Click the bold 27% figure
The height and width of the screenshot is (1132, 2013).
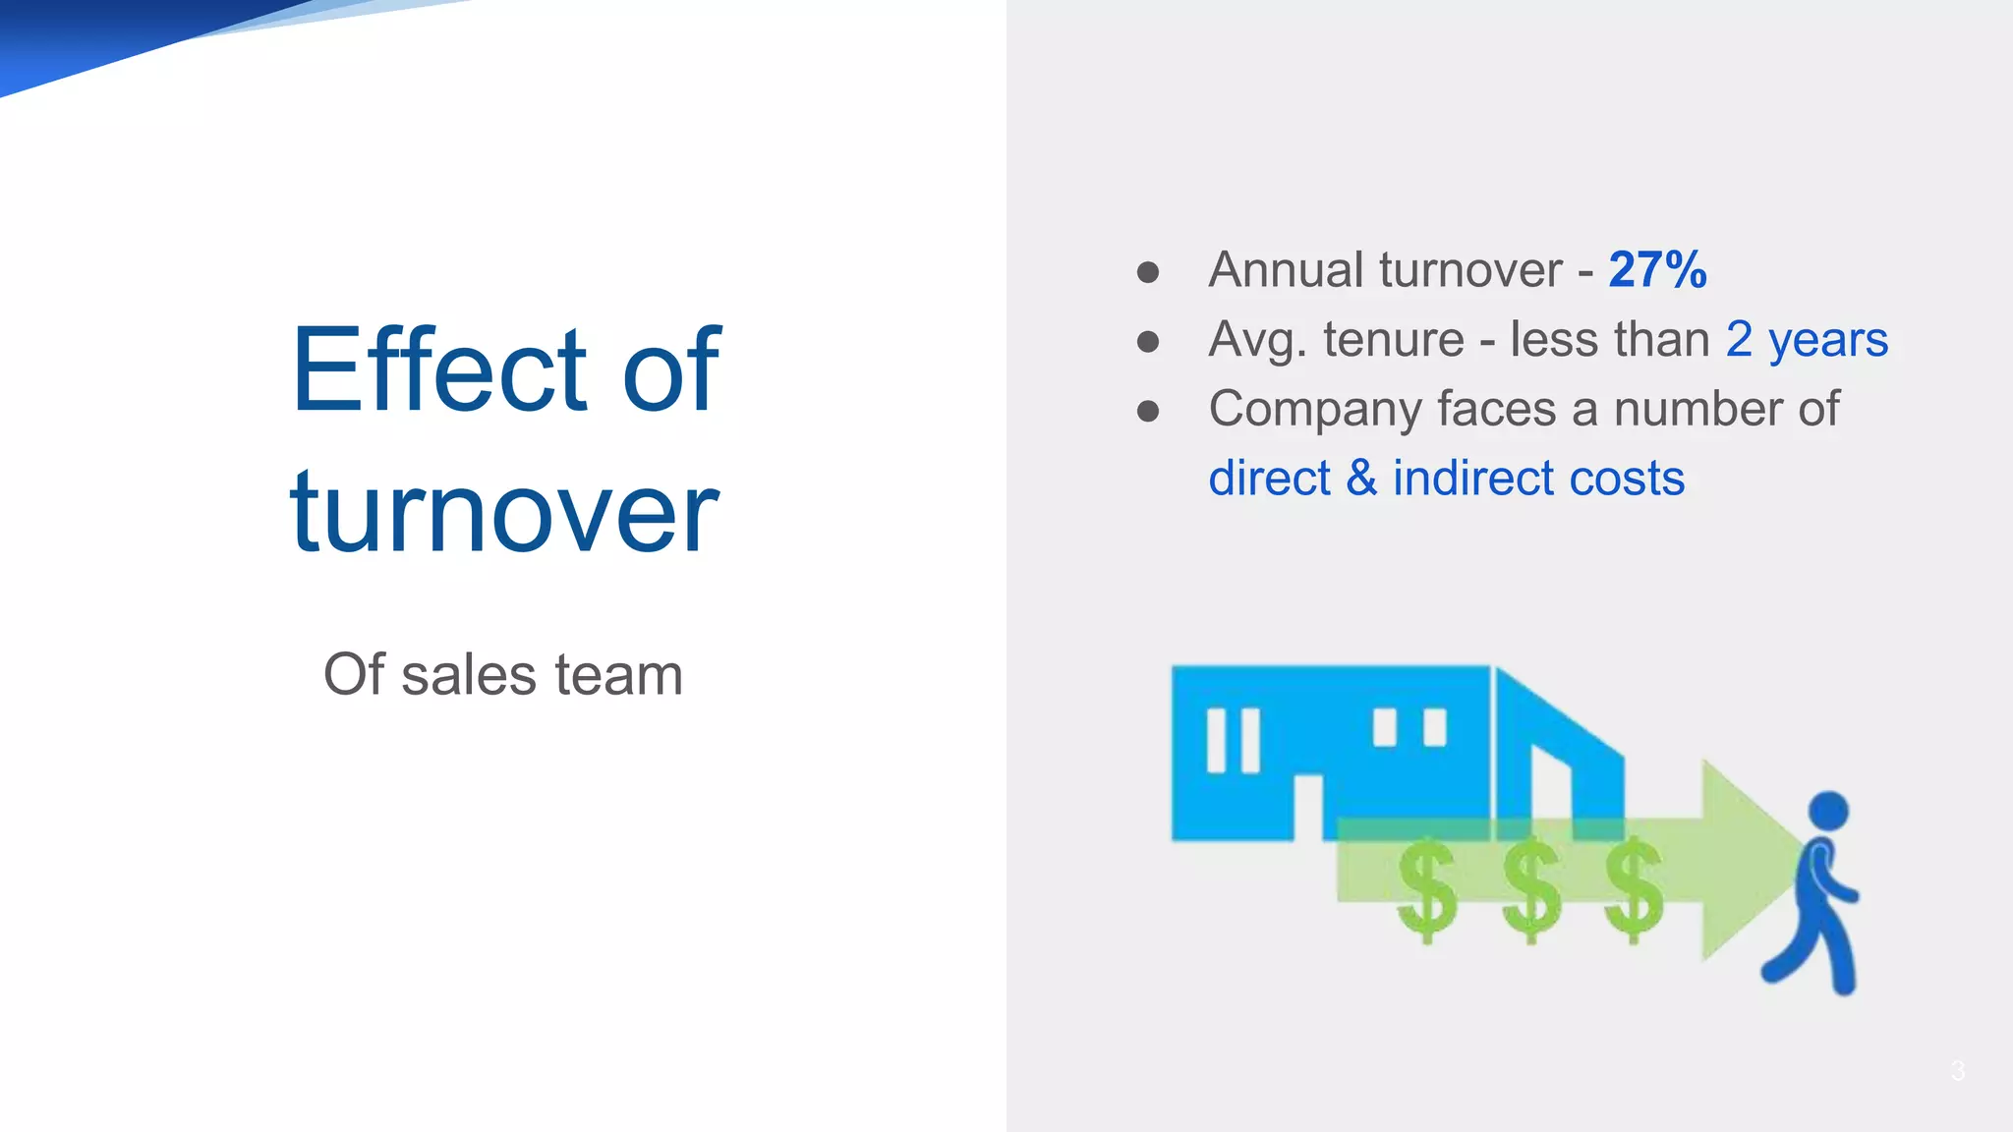pos(1657,270)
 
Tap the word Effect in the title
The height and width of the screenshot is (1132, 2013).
pos(440,369)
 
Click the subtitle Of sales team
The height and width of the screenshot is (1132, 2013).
pos(502,675)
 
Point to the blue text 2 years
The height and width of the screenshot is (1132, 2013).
pos(1807,340)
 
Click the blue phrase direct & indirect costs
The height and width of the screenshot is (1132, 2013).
pos(1446,479)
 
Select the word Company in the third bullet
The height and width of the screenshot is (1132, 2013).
pos(1314,410)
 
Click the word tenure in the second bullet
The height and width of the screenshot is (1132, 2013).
pos(1393,340)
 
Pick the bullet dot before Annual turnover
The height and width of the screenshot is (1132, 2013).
pos(1148,272)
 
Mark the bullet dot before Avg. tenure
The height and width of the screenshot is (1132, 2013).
pos(1148,342)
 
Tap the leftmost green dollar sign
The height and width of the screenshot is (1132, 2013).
pos(1427,890)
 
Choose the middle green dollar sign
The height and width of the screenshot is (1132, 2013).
pos(1531,890)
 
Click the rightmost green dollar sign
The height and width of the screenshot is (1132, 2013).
pos(1634,890)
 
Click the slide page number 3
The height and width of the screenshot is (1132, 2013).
pos(1957,1071)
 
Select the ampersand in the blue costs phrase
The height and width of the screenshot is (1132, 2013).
pos(1361,479)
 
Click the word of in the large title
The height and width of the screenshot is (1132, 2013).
pos(671,369)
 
